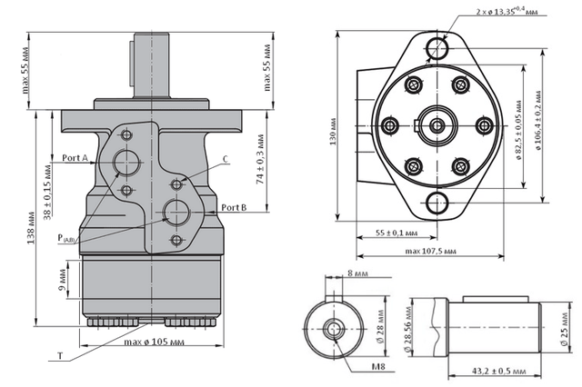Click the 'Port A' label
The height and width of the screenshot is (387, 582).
75,157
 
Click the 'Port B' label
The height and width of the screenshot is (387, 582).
235,207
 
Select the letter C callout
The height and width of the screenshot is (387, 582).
225,159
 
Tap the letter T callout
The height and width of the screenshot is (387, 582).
61,356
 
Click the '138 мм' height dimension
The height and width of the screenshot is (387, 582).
31,229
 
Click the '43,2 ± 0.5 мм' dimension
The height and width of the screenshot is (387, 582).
491,371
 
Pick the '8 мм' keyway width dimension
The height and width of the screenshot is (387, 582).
358,272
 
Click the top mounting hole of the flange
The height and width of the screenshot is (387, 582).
440,46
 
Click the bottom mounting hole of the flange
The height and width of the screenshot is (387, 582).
440,202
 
